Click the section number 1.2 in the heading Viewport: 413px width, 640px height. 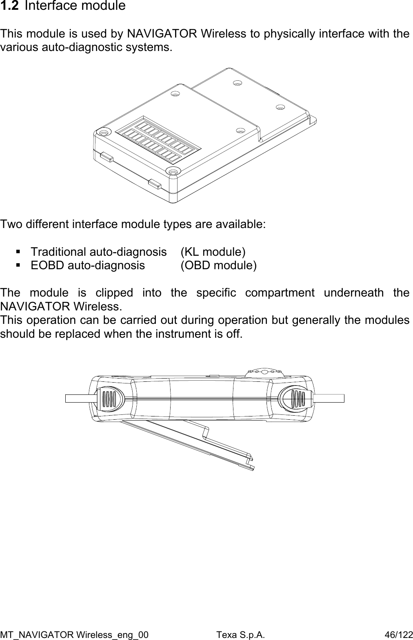(9, 6)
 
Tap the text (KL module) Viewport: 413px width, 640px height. (213, 252)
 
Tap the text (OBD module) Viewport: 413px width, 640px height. (219, 266)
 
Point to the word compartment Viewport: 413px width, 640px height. (280, 293)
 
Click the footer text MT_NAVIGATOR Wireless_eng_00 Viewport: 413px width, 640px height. (75, 635)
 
